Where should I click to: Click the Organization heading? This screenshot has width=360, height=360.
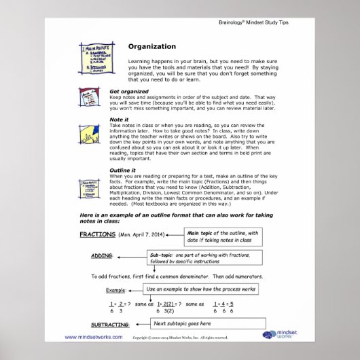(152, 47)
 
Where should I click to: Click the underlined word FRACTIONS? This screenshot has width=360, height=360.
(97, 234)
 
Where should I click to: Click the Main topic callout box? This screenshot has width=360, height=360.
(224, 236)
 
